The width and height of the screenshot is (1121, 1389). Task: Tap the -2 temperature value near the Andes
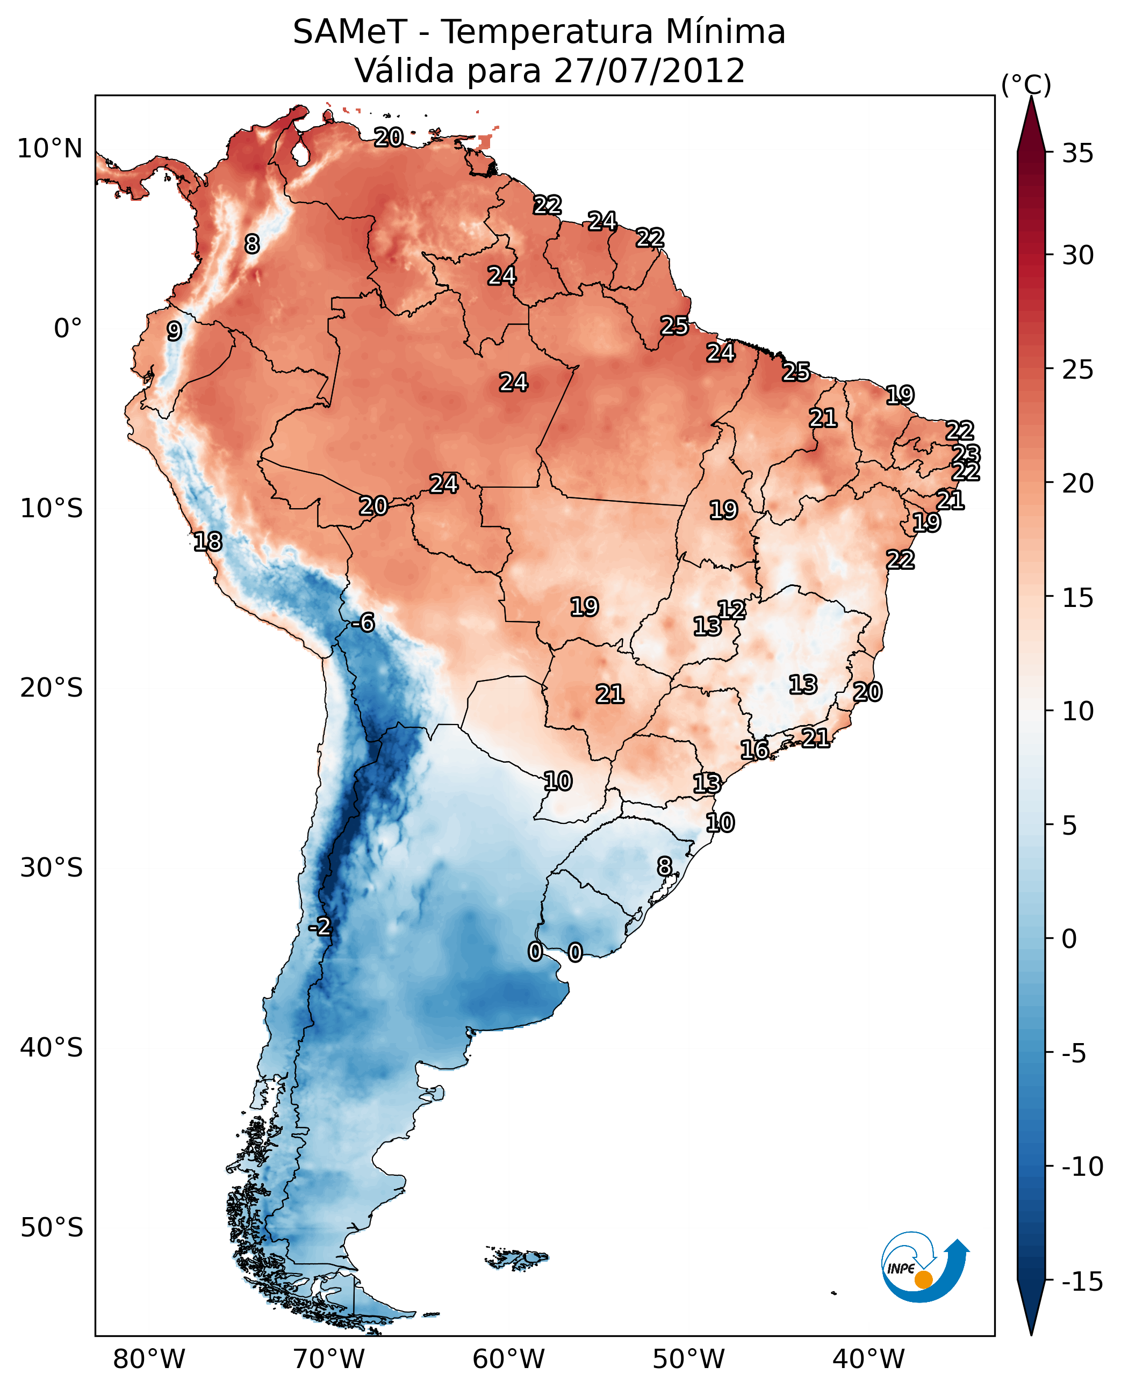click(x=320, y=927)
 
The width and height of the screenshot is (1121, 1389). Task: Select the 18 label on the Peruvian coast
click(x=208, y=541)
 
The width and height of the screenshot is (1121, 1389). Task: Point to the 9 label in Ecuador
click(x=174, y=331)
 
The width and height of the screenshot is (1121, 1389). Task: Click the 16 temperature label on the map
click(x=754, y=750)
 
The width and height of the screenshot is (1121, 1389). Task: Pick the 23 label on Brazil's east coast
click(x=966, y=454)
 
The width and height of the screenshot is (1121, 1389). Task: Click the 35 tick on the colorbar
click(x=1077, y=154)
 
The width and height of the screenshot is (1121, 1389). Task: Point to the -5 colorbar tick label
click(x=1077, y=1053)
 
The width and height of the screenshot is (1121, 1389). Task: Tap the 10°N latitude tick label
click(x=50, y=149)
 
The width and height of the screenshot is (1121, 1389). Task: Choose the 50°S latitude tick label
click(x=52, y=1227)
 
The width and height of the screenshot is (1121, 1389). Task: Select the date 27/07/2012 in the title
click(x=649, y=71)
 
